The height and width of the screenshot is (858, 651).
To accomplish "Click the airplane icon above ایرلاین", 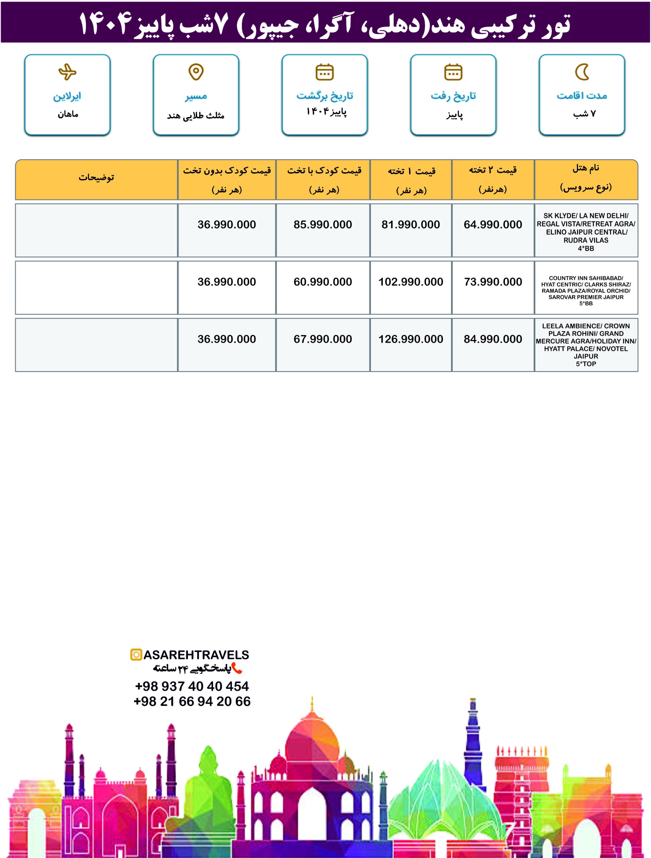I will pyautogui.click(x=67, y=72).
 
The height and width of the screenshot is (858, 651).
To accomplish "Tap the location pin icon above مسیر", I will pyautogui.click(x=196, y=72).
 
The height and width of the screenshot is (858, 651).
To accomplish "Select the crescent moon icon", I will pyautogui.click(x=582, y=72).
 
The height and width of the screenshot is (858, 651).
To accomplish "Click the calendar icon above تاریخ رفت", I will pyautogui.click(x=453, y=72).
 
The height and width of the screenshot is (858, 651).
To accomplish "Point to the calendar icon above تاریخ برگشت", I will pyautogui.click(x=325, y=72).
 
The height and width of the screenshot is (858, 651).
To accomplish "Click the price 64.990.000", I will pyautogui.click(x=493, y=225).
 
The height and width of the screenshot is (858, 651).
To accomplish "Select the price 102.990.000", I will pyautogui.click(x=411, y=282).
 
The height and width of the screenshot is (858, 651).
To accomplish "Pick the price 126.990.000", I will pyautogui.click(x=411, y=340).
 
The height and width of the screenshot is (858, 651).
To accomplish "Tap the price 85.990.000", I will pyautogui.click(x=323, y=225).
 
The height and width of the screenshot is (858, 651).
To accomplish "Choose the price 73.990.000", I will pyautogui.click(x=493, y=282).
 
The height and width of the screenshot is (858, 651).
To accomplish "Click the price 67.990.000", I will pyautogui.click(x=323, y=340).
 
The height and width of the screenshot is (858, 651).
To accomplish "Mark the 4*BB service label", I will pyautogui.click(x=586, y=249).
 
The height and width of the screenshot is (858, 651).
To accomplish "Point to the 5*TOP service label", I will pyautogui.click(x=586, y=364).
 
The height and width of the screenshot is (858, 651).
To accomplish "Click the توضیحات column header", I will pyautogui.click(x=96, y=178).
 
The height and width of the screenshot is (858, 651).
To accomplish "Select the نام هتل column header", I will pyautogui.click(x=586, y=168).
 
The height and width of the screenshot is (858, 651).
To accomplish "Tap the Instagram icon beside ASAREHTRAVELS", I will pyautogui.click(x=136, y=655).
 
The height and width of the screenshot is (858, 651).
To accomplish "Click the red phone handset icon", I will pyautogui.click(x=237, y=668).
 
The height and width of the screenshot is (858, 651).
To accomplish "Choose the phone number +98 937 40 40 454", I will pyautogui.click(x=192, y=686).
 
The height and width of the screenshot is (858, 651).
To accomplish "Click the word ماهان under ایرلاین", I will pyautogui.click(x=68, y=114).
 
